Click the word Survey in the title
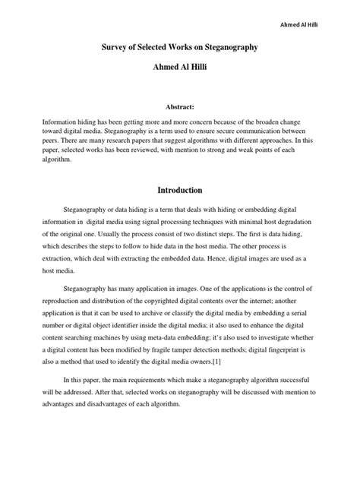click(117, 48)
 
